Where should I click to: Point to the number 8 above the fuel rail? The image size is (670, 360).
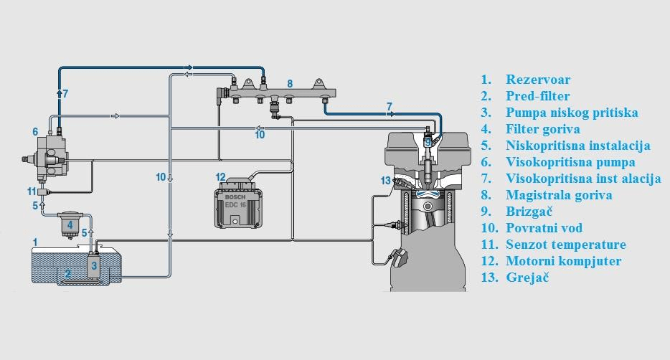[290, 84]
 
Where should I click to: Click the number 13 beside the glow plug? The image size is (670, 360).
[385, 181]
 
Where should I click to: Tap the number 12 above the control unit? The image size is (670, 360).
[220, 177]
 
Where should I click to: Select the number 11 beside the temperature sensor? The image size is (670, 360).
[32, 191]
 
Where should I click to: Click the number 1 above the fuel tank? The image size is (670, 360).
[35, 242]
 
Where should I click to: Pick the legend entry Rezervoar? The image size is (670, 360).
[538, 80]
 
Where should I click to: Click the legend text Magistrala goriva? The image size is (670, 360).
[559, 195]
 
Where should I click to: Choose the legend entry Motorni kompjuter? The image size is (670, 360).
[564, 261]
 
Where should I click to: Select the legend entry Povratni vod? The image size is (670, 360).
[544, 228]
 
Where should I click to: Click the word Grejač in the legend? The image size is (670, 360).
[527, 278]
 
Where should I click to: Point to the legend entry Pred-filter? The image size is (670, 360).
[537, 96]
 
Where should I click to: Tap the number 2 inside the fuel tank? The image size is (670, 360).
[68, 273]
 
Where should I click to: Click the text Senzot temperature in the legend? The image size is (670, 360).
[566, 245]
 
